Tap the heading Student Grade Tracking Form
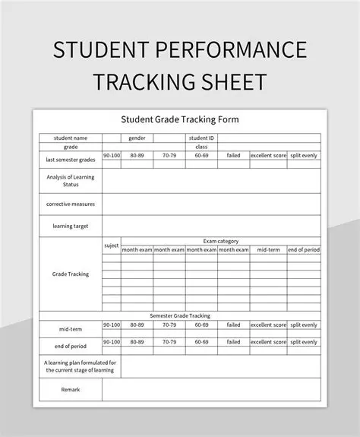pos(180,119)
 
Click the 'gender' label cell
pos(137,138)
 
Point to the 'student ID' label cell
pos(201,138)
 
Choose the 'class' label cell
pos(201,146)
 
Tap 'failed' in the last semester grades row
pos(233,155)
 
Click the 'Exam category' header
pos(221,241)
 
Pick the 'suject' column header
pos(111,245)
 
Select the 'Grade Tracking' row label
pos(71,274)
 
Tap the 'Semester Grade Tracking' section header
pos(180,315)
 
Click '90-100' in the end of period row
pos(111,342)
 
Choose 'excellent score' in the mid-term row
pos(268,325)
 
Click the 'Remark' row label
pos(71,389)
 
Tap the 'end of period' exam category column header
pos(304,249)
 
